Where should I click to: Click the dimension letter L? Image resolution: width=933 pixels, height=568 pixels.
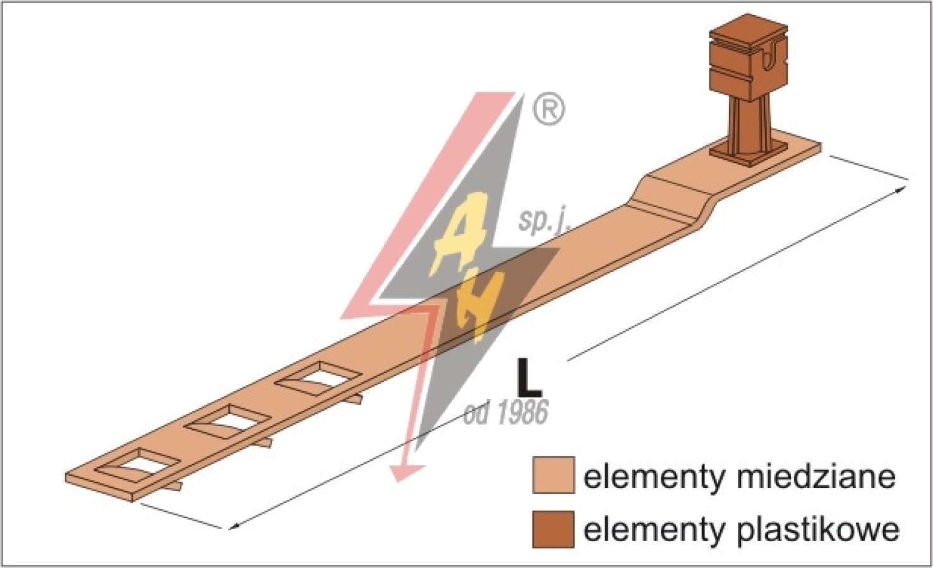coord(529,377)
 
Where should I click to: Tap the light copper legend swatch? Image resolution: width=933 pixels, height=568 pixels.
coord(553,475)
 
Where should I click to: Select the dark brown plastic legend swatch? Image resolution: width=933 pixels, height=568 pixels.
coord(553,529)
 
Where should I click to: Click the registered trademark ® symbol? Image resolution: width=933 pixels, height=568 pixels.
coord(549,109)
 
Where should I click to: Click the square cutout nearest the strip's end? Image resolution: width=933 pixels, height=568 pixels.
coord(138,465)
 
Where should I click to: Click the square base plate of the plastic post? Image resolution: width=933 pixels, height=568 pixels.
coord(749,153)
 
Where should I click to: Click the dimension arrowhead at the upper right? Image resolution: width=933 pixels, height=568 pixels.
coord(900,190)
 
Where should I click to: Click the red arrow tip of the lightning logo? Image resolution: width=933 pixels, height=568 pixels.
coord(403,474)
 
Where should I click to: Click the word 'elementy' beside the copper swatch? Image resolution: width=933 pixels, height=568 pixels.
coord(654,478)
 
